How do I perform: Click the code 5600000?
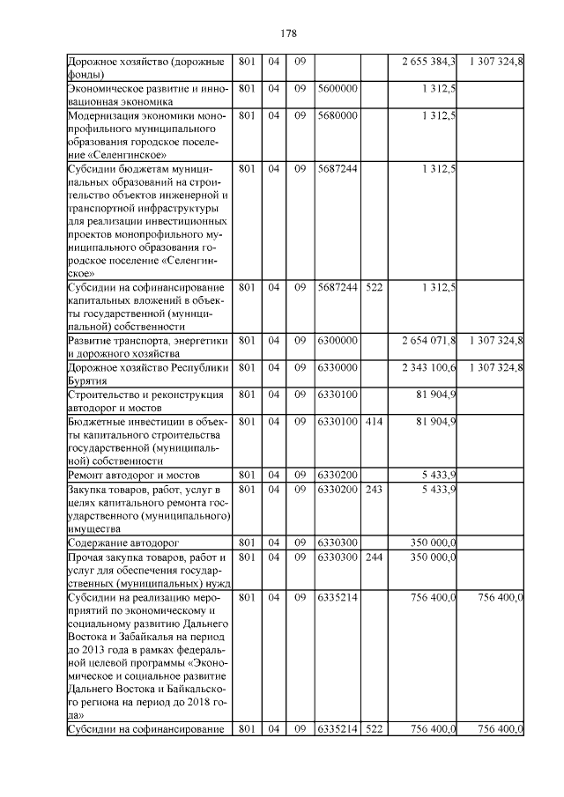[337, 89]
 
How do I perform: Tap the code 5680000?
[337, 115]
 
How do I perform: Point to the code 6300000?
[337, 340]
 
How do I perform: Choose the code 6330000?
[337, 367]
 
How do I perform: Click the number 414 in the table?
[374, 422]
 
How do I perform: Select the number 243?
[374, 489]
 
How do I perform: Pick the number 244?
[374, 557]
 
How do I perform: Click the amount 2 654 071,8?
[428, 340]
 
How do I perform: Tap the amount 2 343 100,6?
[428, 367]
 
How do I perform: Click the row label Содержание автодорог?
[121, 543]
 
